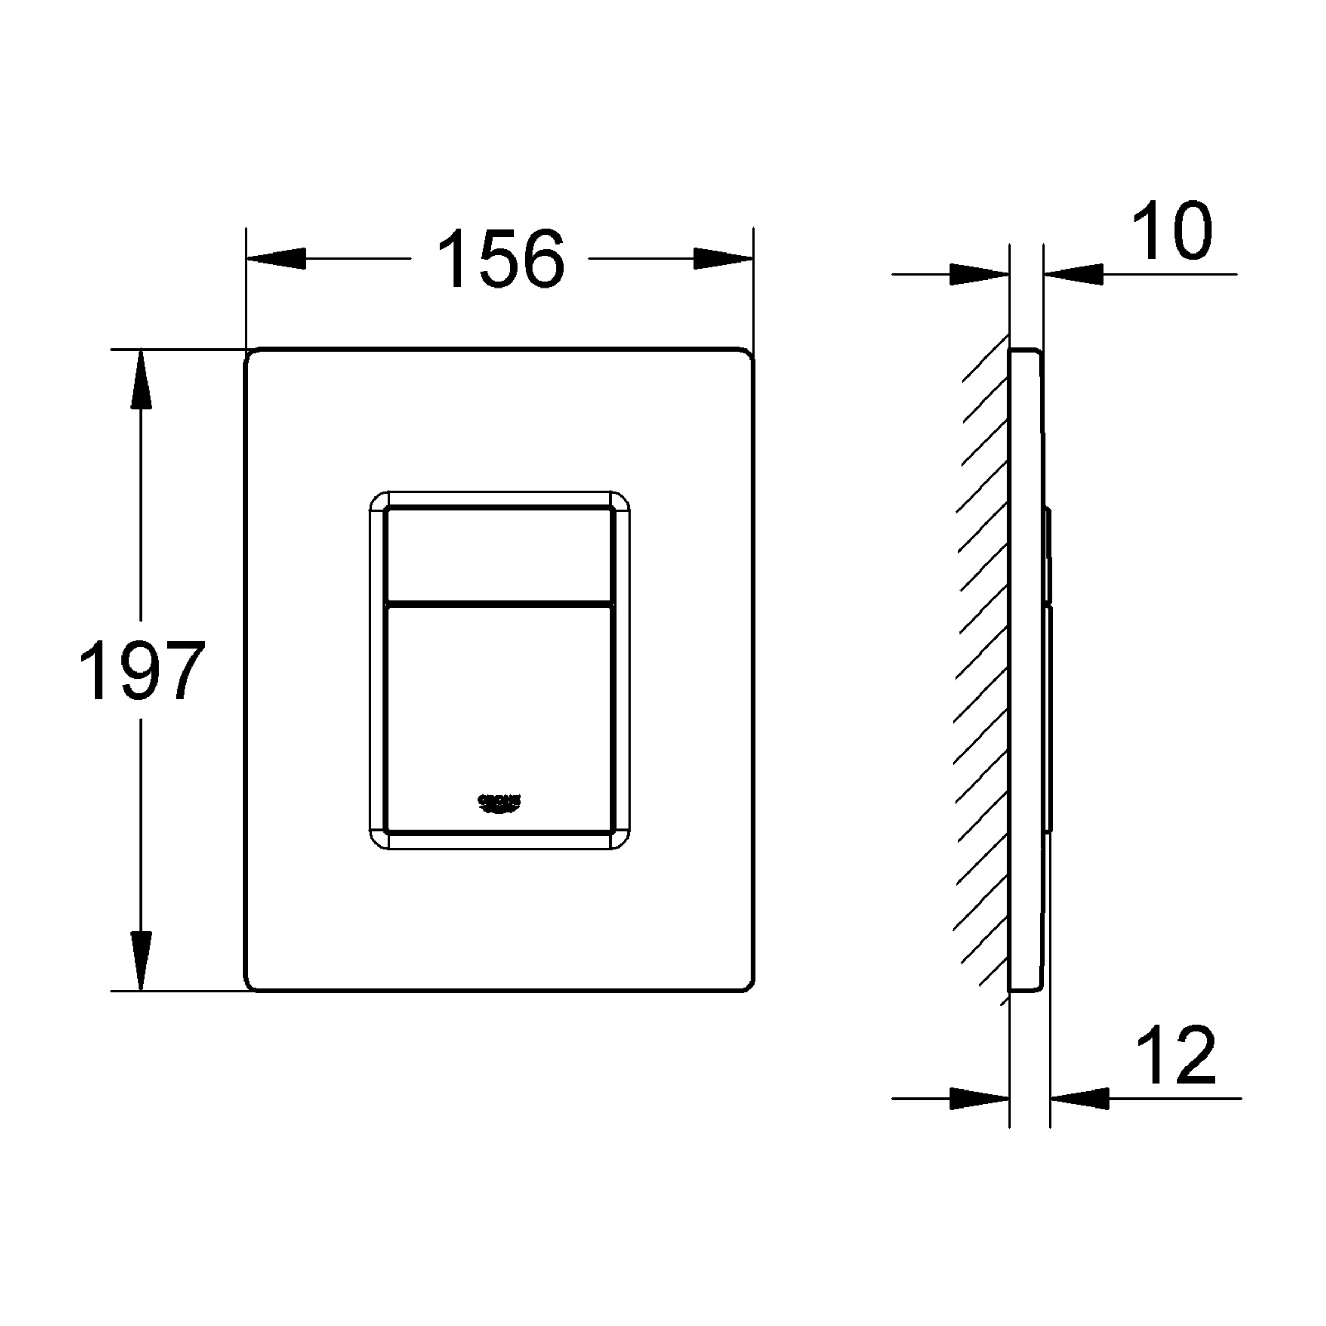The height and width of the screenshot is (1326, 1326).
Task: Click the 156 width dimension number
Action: tap(500, 259)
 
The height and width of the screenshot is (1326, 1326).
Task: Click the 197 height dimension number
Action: tap(142, 670)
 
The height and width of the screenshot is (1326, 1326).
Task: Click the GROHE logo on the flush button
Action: tap(500, 802)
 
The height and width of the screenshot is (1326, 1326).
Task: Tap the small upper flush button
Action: tap(499, 555)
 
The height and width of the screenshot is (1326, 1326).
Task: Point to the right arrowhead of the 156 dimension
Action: tap(724, 259)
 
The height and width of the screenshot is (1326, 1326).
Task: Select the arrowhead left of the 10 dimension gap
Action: tap(980, 275)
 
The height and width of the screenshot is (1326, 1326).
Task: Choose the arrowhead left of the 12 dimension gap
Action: tap(980, 1099)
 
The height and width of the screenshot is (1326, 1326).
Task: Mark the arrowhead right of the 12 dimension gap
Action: tap(1079, 1099)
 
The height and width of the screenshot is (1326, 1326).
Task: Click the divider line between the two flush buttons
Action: tap(499, 604)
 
